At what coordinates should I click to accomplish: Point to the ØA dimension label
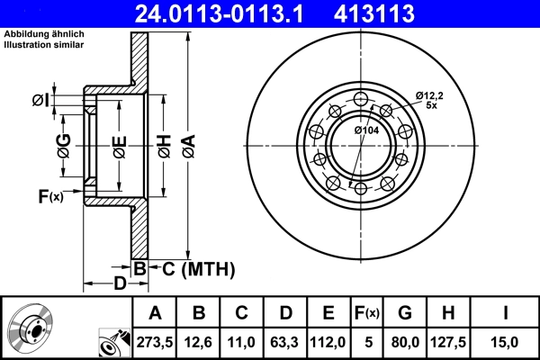(x=188, y=145)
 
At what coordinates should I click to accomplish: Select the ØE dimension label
(x=118, y=145)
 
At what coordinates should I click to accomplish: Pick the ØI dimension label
(x=40, y=100)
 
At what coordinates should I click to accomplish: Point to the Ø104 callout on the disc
(x=366, y=130)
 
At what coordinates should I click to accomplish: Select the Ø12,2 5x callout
(x=430, y=100)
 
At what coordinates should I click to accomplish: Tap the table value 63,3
(x=285, y=340)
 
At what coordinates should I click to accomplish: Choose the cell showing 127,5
(x=448, y=340)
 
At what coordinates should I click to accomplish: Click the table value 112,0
(x=328, y=340)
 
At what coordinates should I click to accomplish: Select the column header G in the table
(x=404, y=313)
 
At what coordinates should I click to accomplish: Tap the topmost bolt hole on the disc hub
(x=360, y=100)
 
